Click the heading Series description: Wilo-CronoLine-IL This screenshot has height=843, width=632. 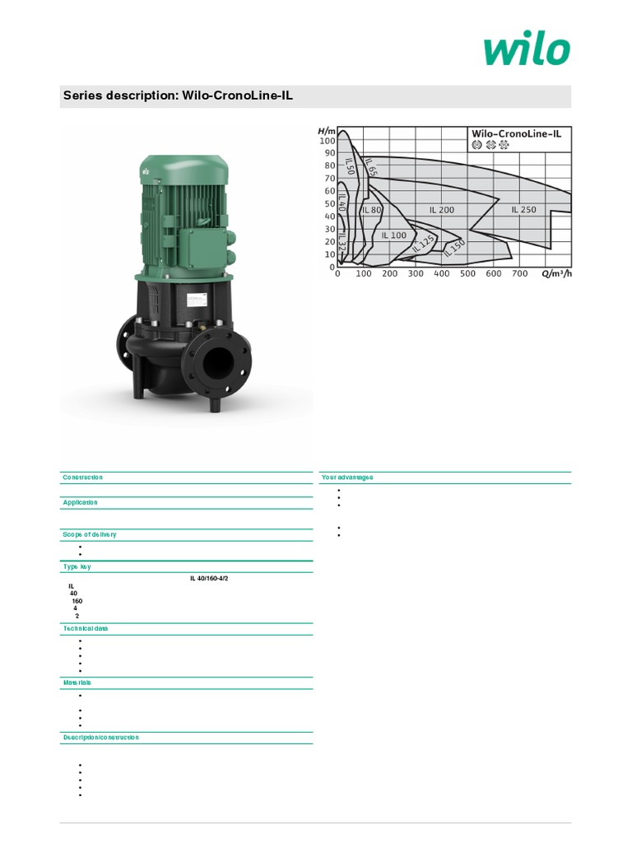(178, 96)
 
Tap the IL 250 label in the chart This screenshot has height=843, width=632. (523, 210)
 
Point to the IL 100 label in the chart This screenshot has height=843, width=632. (393, 235)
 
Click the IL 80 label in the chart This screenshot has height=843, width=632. (372, 210)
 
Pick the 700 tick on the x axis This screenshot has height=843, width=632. (519, 274)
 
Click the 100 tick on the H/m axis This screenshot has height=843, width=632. (327, 141)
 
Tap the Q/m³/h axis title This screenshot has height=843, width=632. (556, 274)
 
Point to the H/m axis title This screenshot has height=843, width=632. (327, 131)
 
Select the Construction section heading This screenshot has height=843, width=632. (83, 477)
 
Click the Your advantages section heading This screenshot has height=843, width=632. (346, 477)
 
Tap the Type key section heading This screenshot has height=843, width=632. (78, 567)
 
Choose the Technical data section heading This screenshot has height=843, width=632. (86, 628)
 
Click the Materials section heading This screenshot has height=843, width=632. (77, 682)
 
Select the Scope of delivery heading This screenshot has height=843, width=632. (90, 534)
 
